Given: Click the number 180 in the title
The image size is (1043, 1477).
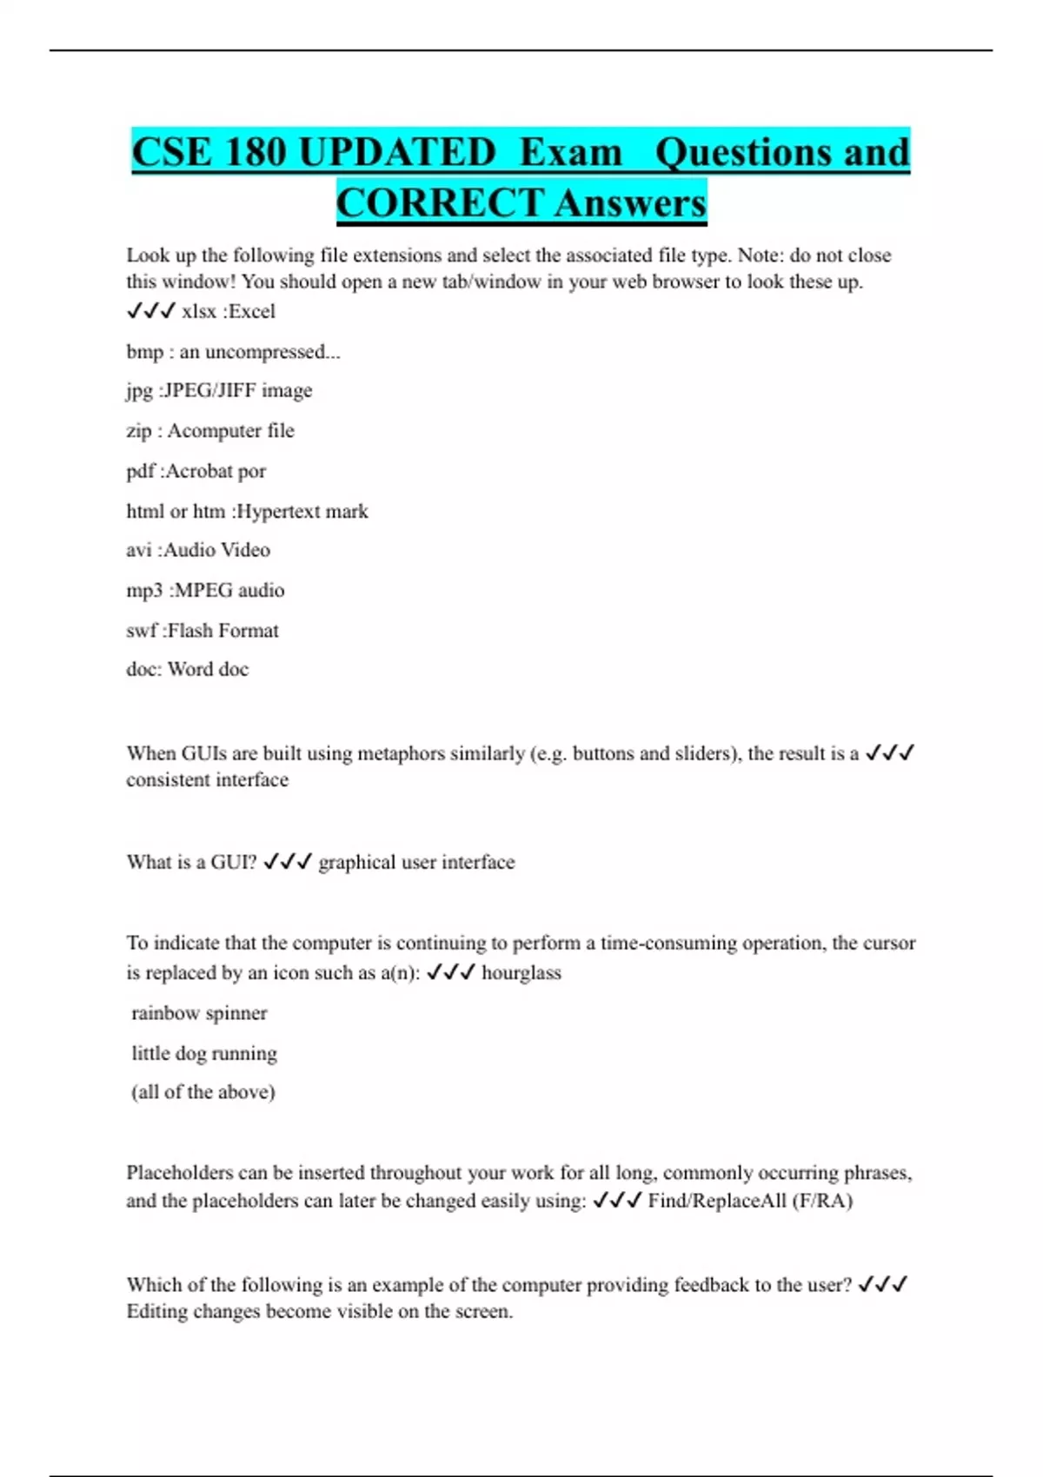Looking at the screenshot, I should pos(256,152).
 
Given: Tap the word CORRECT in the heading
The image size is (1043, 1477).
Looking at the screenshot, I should pos(440,203).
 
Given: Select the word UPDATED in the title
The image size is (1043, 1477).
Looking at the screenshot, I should pos(396,152).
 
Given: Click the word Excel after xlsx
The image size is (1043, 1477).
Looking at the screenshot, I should pos(251,311).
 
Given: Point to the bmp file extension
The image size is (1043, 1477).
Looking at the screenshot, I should pos(144,352).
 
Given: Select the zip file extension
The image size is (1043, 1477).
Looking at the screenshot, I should pos(139,431).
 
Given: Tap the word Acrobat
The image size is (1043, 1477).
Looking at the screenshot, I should pos(199,471).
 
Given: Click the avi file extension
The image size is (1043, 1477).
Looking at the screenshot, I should pos(139,550).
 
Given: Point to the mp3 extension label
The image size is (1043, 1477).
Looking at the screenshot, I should pos(144,590).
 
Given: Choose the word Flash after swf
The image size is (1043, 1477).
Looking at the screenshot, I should pos(189,630).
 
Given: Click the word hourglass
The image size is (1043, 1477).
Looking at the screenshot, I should pos(521,972).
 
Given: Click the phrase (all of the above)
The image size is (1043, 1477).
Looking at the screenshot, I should pos(203,1092).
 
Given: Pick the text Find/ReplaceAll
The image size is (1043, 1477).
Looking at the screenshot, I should pos(717,1201).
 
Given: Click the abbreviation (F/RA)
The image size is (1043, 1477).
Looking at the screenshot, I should pos(822,1201).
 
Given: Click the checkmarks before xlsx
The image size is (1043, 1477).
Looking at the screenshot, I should pos(151,310).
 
